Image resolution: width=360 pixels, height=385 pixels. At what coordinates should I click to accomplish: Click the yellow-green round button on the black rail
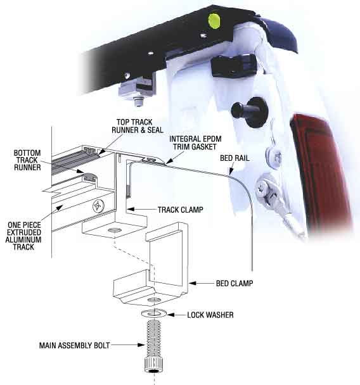click(x=214, y=21)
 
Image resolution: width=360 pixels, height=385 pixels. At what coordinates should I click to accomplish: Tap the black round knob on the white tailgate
click(x=250, y=111)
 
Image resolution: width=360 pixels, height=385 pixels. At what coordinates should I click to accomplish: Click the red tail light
click(x=323, y=171)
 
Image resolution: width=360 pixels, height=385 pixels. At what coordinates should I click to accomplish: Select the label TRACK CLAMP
click(x=181, y=210)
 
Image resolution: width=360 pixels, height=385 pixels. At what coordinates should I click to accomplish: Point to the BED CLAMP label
click(x=235, y=283)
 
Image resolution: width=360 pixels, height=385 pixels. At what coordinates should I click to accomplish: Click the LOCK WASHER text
click(x=210, y=315)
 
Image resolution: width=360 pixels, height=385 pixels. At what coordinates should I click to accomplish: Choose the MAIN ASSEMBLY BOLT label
click(x=74, y=346)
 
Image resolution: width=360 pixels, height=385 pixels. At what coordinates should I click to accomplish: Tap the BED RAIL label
click(x=235, y=158)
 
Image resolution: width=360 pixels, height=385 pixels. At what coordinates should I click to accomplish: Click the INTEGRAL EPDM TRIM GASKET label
click(x=195, y=142)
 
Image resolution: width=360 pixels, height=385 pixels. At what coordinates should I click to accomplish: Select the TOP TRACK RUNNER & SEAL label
click(x=138, y=126)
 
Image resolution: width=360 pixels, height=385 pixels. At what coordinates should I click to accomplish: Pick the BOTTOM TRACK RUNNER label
click(x=27, y=160)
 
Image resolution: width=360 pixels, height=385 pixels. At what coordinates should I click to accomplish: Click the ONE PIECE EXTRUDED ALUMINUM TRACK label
click(x=23, y=236)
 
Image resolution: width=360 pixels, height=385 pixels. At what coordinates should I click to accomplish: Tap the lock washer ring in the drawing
click(x=154, y=314)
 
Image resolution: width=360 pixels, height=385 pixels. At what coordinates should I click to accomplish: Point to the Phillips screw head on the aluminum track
click(x=98, y=206)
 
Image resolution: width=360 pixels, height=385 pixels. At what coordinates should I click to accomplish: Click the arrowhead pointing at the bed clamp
click(x=193, y=283)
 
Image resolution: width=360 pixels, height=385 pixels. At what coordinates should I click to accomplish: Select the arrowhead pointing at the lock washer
click(x=171, y=315)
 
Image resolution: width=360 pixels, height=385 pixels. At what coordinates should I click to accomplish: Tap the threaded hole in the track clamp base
click(x=115, y=230)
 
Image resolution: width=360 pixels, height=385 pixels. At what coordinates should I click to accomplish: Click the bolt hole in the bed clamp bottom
click(x=154, y=300)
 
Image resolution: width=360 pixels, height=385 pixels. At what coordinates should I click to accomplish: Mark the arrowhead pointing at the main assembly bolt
click(x=141, y=345)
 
